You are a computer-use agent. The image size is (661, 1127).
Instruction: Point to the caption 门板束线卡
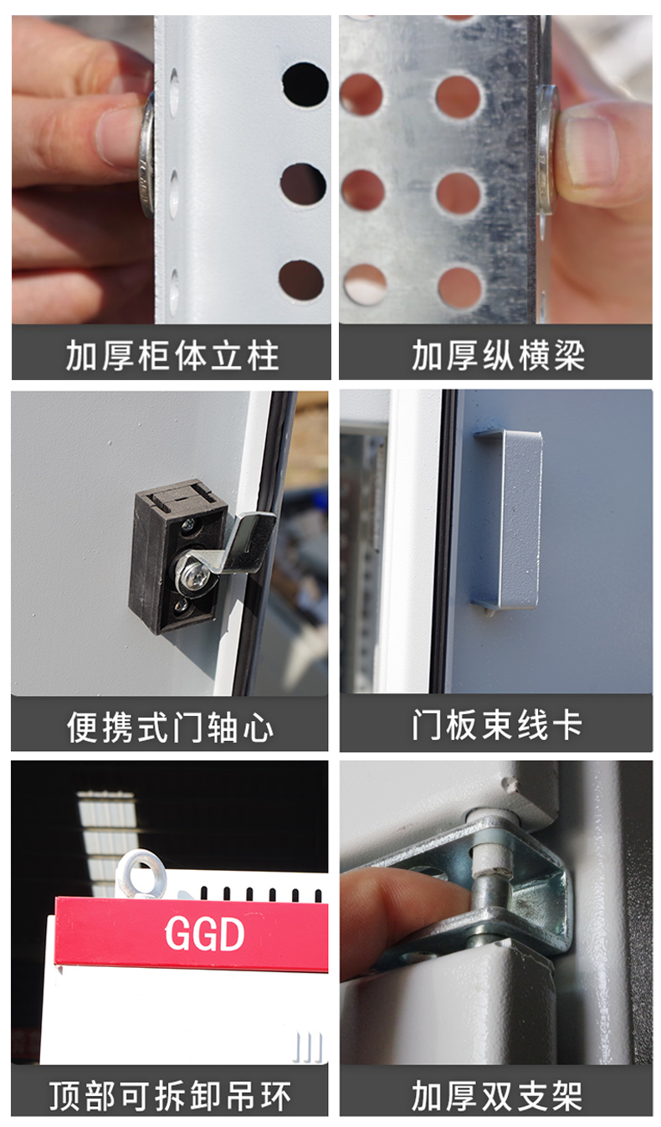497,726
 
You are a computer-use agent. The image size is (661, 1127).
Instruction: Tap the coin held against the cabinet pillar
147,155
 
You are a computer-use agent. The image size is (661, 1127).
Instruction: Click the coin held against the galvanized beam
548,151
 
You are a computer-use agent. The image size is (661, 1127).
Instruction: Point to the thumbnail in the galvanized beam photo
588,151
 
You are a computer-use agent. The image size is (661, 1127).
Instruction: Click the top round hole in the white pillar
305,85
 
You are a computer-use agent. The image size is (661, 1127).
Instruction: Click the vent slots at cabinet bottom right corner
308,1047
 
